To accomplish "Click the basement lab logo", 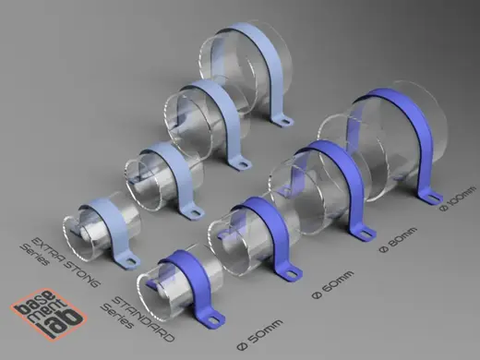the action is tap(49, 314).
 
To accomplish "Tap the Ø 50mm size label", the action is tap(260, 334).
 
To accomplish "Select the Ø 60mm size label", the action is tap(333, 285).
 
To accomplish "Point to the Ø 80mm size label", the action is tap(398, 240).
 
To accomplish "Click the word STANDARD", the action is tap(144, 318).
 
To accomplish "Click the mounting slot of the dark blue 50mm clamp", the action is tap(212, 319).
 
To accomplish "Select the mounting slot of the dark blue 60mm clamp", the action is tap(290, 273).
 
